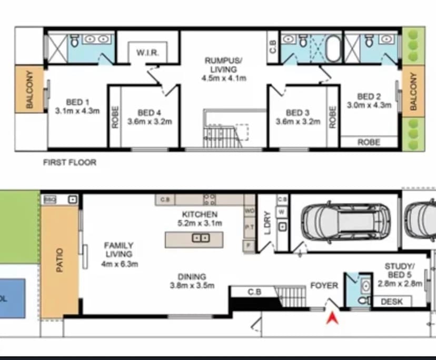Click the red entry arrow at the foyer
coord(331,317)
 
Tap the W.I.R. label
coord(144,53)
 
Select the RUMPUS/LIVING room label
coord(224,65)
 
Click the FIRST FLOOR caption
coord(70,163)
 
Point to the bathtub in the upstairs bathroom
coord(333,48)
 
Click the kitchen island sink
coord(201,238)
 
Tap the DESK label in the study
coord(392,302)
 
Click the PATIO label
coord(59,260)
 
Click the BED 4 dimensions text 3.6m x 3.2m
coord(149,122)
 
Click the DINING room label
coord(192,277)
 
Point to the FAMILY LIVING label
coord(118,249)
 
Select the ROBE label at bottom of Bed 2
coord(369,142)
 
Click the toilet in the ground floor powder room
coord(363,300)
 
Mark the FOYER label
coord(324,285)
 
